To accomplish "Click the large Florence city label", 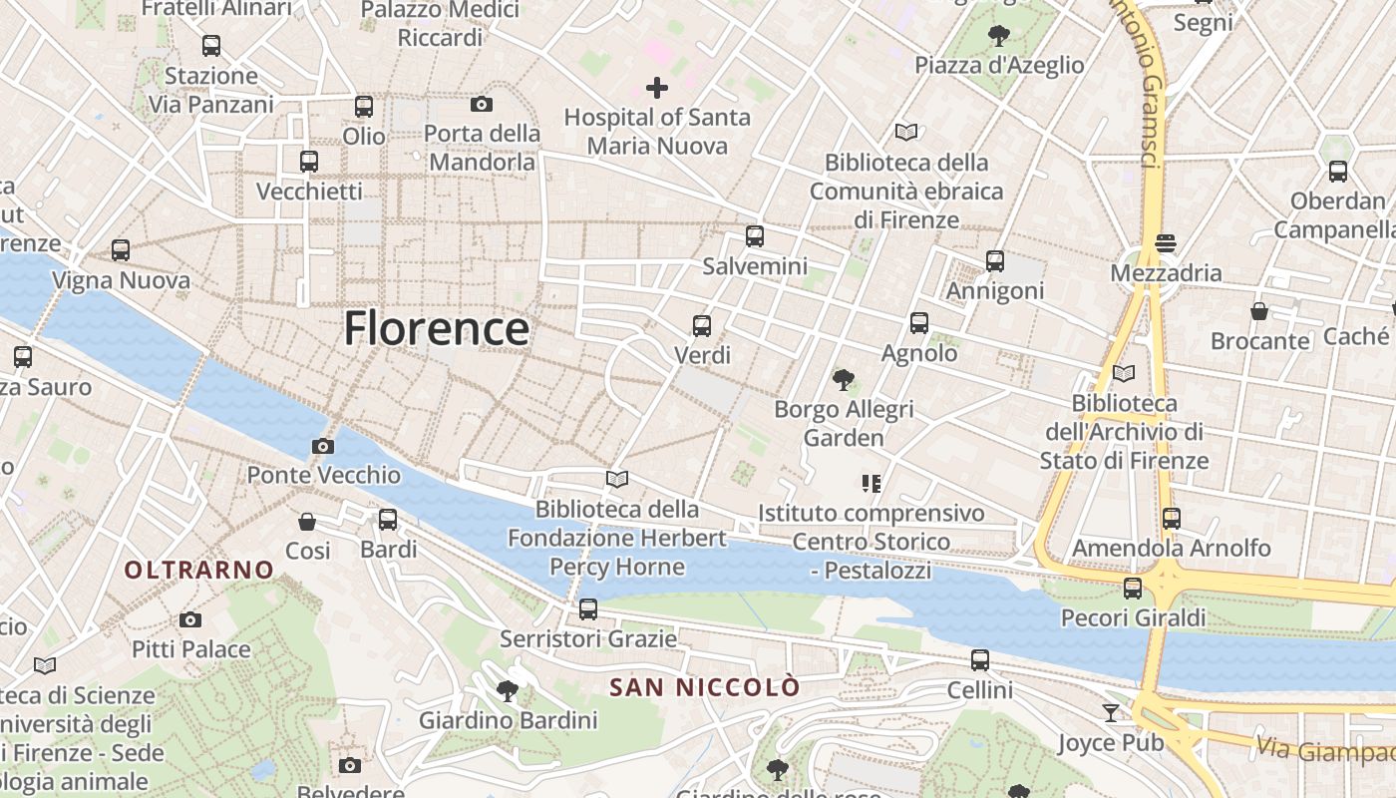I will [436, 328].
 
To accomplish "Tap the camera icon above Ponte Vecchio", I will [323, 446].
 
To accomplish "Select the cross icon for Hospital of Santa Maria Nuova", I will [657, 88].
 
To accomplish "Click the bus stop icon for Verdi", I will [702, 325].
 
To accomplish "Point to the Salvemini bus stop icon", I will [755, 236].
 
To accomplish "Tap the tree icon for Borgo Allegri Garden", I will [844, 379].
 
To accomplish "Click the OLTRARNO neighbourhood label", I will [198, 570].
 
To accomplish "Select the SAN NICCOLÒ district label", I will [704, 687].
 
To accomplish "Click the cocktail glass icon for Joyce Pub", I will [1111, 712].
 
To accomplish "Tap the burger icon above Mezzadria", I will [1165, 243].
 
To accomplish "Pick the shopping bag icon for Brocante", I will [1259, 311].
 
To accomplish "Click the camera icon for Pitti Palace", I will [190, 619].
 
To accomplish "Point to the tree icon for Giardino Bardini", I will [508, 690].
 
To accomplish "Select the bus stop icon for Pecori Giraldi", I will [1133, 589].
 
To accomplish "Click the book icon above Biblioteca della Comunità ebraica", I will [905, 132].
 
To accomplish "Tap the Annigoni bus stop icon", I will [995, 261].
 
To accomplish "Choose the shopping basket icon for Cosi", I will [307, 522].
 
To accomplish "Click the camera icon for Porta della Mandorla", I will [482, 104].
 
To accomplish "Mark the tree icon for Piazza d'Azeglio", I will [998, 36].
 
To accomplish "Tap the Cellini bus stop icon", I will [980, 660].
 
